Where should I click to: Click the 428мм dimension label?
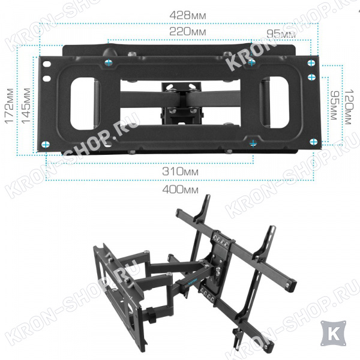[x=188, y=16]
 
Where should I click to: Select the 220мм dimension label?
[x=187, y=32]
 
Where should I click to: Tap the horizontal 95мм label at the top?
[x=281, y=34]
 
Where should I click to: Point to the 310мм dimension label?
[x=180, y=171]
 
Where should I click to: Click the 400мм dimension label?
[x=180, y=190]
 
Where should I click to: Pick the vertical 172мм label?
[x=10, y=106]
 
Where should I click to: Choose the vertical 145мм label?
[x=26, y=106]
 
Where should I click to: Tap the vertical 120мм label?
[x=349, y=107]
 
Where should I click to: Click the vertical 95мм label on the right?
[x=334, y=105]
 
